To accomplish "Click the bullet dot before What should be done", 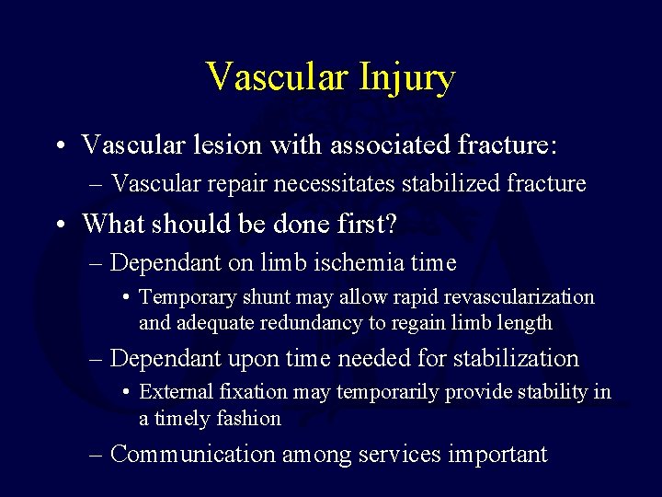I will tap(59, 225).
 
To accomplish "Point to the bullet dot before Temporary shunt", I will tap(126, 298).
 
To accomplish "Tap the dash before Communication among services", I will tap(96, 454).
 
